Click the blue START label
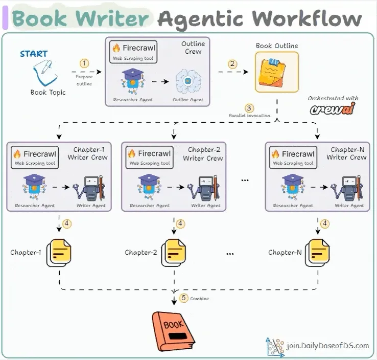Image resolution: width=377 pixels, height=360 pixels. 34,54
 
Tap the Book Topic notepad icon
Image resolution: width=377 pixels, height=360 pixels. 45,73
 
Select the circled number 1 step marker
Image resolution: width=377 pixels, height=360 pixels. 84,63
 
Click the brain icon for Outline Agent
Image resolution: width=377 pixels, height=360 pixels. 188,81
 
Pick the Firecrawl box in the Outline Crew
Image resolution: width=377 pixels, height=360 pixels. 133,52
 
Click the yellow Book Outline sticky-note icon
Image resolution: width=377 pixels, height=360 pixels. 277,72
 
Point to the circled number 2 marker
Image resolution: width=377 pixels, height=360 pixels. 232,64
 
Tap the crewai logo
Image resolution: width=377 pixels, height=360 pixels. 333,109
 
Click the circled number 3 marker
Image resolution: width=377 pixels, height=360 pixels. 249,108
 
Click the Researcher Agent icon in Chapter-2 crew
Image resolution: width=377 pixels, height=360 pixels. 149,187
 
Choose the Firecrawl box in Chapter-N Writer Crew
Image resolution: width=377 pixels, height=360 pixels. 293,157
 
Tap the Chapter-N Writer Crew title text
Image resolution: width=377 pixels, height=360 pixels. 346,153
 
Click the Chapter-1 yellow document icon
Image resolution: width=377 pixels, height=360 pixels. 59,253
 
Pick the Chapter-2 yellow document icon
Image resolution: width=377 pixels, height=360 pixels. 174,253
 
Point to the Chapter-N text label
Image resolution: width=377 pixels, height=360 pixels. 285,253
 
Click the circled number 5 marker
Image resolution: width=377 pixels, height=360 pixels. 183,298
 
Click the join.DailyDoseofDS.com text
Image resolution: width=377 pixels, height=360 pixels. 327,346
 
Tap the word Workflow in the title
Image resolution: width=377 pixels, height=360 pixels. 307,18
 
